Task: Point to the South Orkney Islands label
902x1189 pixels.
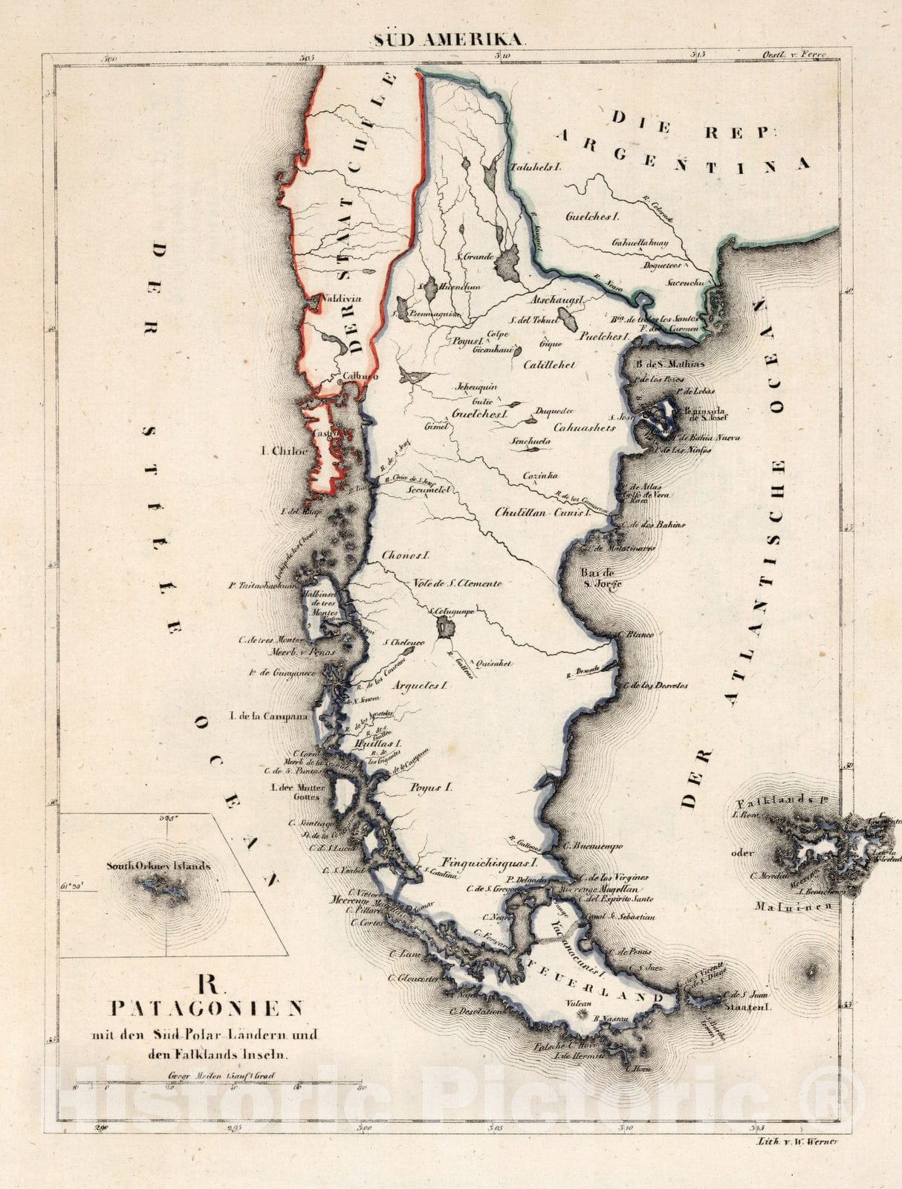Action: click(x=158, y=866)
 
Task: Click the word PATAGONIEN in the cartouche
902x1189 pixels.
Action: click(x=207, y=1008)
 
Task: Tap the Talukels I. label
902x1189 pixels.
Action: click(x=534, y=168)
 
